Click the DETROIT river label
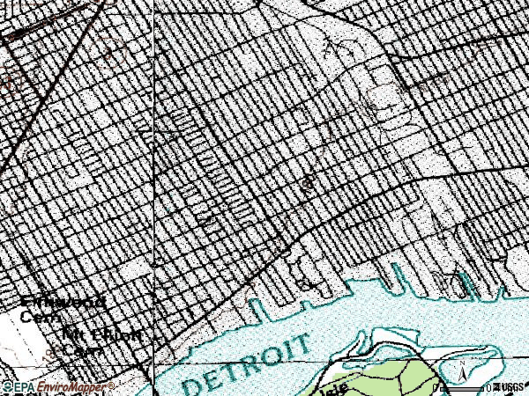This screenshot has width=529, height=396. (248, 363)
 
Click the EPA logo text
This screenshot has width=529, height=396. (21, 387)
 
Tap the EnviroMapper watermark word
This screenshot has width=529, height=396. (74, 387)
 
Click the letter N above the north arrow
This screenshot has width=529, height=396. (461, 363)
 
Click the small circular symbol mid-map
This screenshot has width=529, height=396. (308, 184)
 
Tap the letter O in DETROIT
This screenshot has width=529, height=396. (279, 350)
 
